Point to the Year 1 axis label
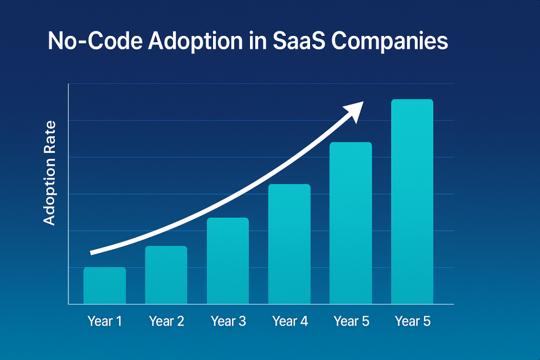tap(104, 320)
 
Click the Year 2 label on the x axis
tap(166, 320)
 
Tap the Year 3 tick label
tap(228, 320)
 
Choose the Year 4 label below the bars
tap(290, 320)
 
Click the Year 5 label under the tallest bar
tap(412, 320)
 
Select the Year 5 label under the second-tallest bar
tap(351, 320)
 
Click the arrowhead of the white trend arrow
tap(354, 109)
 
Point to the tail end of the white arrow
tap(93, 252)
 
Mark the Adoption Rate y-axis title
tap(50, 173)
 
